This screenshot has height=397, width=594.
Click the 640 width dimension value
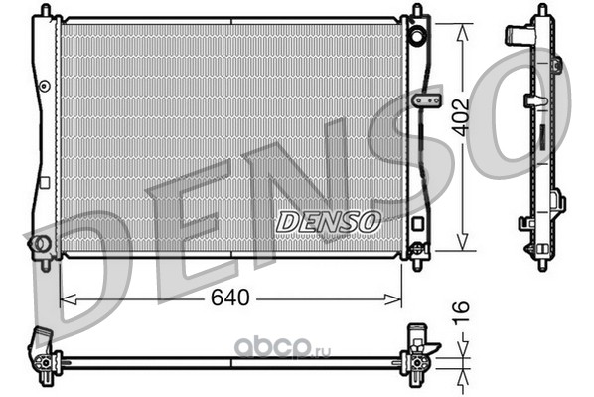[230, 298]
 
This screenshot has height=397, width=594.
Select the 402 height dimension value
[462, 117]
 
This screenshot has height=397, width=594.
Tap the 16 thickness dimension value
[461, 311]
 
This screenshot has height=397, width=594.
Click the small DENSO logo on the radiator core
[328, 222]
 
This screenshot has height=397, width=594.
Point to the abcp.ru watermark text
[283, 349]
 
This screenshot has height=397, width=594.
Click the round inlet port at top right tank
[417, 37]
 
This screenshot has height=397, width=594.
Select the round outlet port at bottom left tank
[39, 244]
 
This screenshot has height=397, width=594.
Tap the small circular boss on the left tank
[45, 87]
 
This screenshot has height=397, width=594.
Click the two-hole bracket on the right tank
[427, 100]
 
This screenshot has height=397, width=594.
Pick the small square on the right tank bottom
[417, 223]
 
